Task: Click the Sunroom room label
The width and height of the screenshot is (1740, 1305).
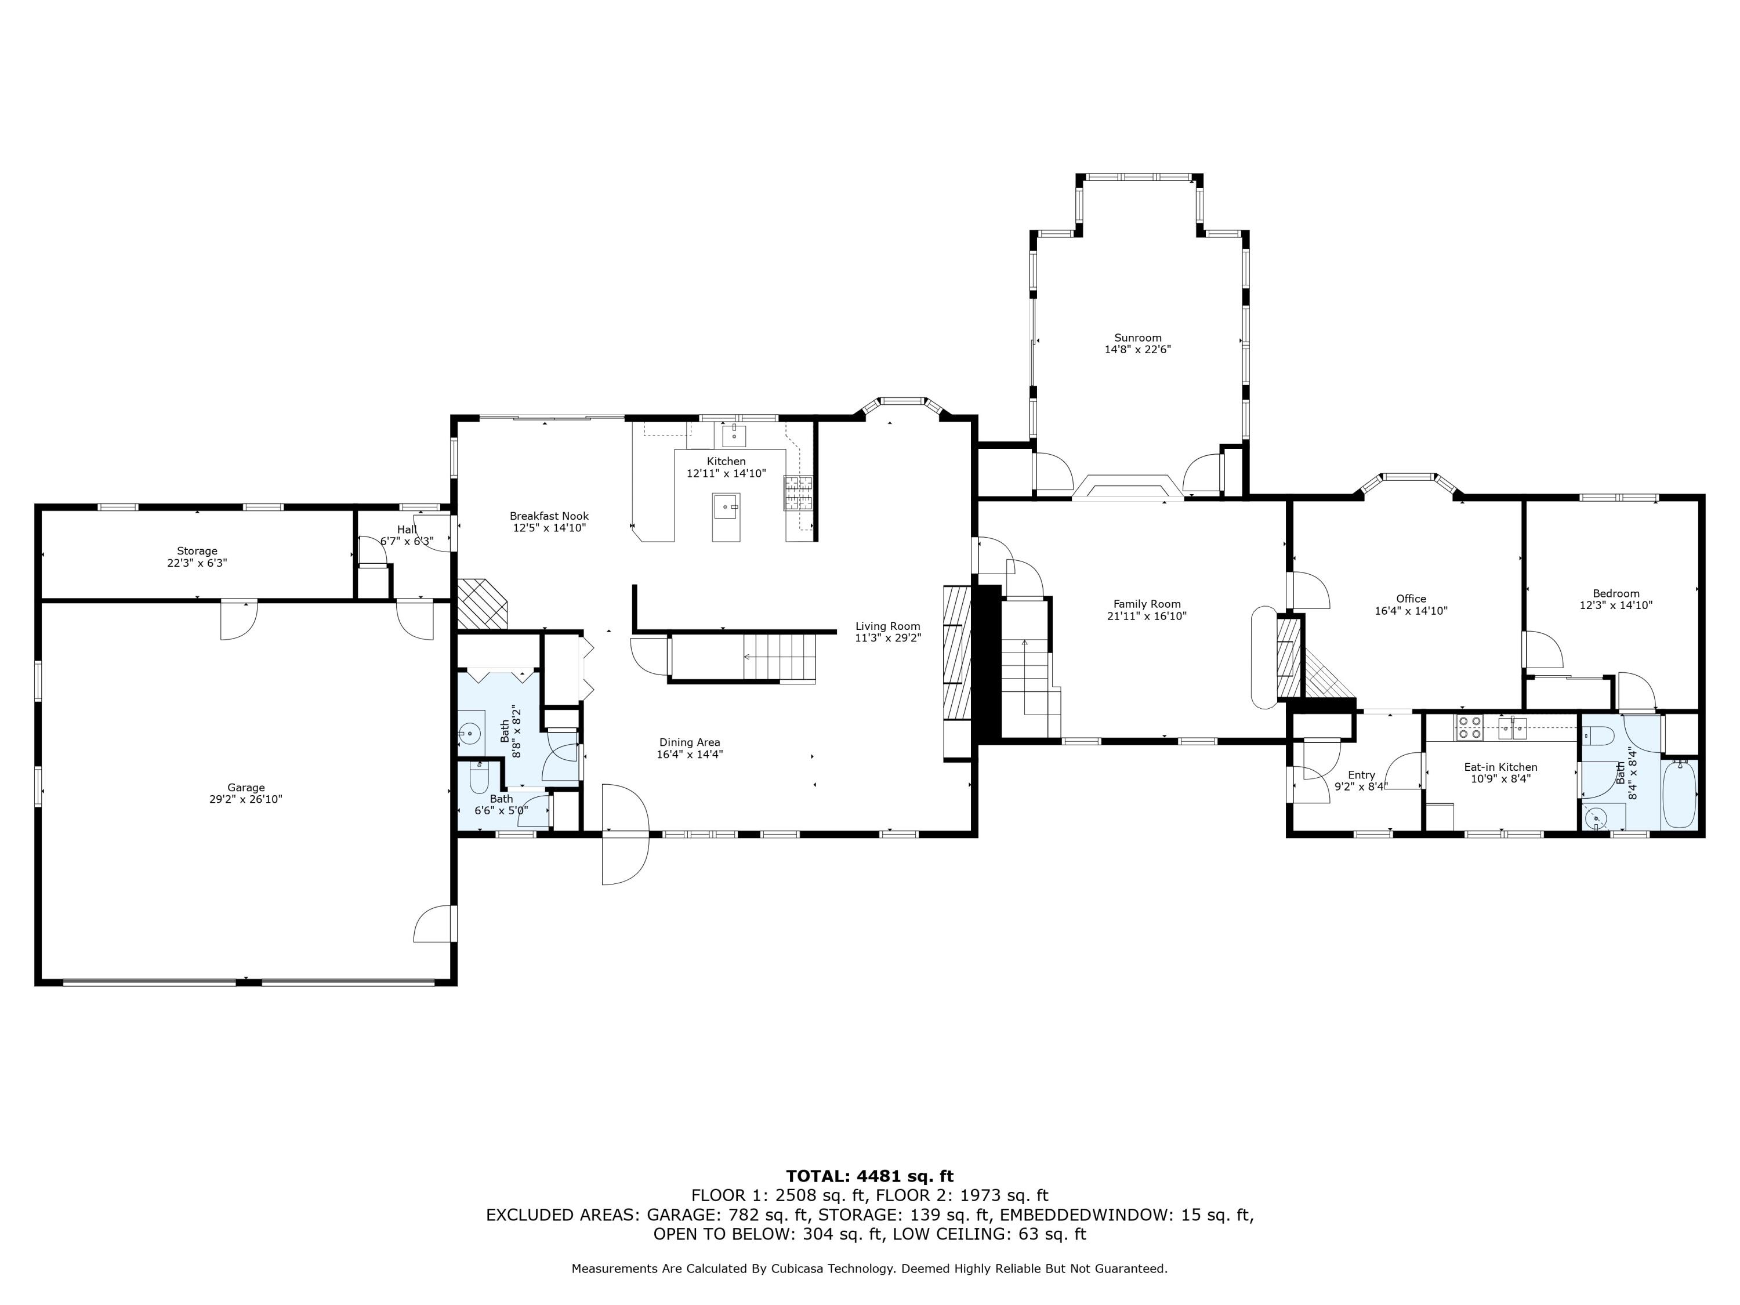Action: [x=1137, y=338]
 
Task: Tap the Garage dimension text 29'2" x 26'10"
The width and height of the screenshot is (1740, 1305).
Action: [x=246, y=799]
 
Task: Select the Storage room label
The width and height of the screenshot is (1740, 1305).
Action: [x=197, y=550]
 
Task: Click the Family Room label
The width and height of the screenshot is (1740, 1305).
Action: [x=1147, y=604]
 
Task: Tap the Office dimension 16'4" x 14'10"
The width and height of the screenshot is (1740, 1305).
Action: [x=1411, y=610]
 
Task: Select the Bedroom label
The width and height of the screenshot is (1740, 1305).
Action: [x=1616, y=593]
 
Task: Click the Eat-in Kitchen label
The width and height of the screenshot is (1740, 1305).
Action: [x=1501, y=767]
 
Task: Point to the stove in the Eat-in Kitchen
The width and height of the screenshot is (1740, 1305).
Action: [x=1469, y=728]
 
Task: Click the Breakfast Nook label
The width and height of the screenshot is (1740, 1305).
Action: [x=549, y=516]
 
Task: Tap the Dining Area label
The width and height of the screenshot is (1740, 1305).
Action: [x=690, y=742]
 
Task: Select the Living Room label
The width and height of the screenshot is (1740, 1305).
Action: [x=888, y=626]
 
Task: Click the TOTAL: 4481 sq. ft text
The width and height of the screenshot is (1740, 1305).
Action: [x=870, y=1176]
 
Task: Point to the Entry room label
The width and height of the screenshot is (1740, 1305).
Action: [x=1362, y=775]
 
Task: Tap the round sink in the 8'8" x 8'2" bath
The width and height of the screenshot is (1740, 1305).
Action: [x=470, y=734]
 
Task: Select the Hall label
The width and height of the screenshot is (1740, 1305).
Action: [x=407, y=530]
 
